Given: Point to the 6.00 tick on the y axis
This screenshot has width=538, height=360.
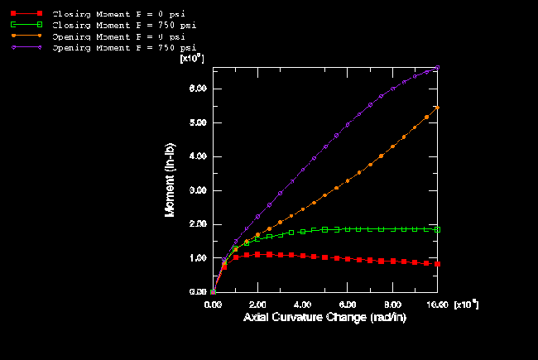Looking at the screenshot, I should (198, 89).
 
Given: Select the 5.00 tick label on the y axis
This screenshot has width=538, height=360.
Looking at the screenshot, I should (198, 122).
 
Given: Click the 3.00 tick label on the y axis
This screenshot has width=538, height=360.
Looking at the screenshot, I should (198, 190).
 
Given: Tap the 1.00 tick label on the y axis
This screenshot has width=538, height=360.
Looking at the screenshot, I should (198, 258).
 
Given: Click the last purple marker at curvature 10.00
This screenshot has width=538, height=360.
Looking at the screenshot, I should (437, 68).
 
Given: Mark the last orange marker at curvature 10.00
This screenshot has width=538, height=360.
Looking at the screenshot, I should (437, 108).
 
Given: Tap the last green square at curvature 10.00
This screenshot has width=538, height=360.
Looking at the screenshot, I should (437, 229).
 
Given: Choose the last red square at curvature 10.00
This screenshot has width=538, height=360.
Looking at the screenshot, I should (437, 264).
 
